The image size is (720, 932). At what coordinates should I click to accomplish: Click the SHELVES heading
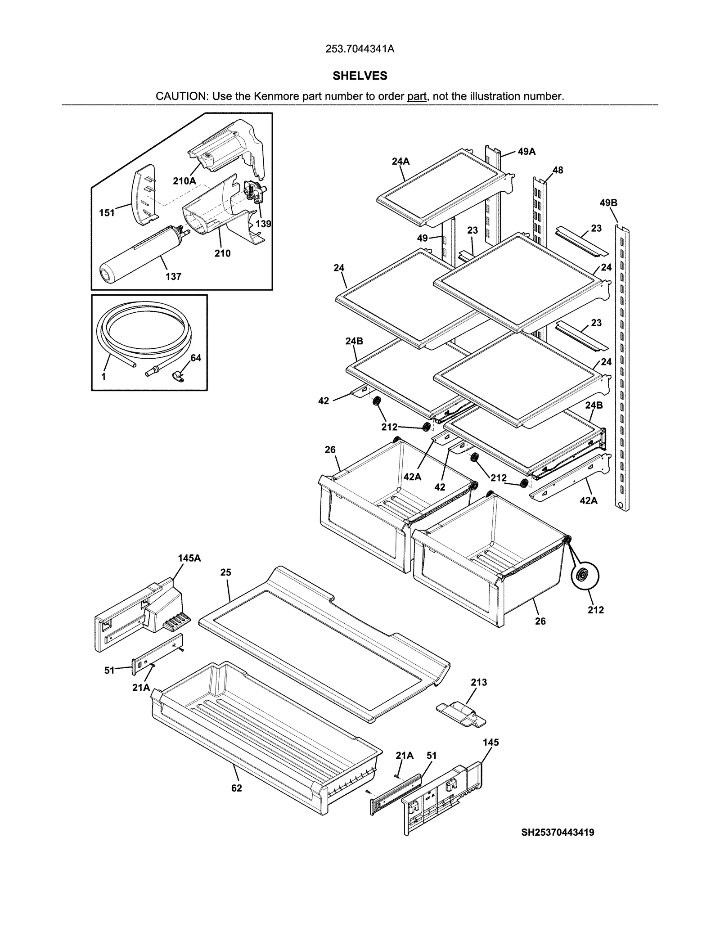360,76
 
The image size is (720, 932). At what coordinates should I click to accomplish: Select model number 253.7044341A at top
360,49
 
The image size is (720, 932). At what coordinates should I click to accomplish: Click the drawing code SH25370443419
558,833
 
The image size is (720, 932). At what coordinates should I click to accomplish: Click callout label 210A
184,181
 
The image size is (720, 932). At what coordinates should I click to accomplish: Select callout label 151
107,213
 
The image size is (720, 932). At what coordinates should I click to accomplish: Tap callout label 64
196,358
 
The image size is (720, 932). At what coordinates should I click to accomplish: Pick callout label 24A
400,161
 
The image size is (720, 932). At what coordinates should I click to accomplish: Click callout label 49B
608,203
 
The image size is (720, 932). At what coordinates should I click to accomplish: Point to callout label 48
558,170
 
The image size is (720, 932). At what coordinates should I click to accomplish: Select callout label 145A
189,558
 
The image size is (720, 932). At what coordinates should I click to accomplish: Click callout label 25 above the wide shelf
225,572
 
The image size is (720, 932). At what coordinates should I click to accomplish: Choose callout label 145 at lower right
491,743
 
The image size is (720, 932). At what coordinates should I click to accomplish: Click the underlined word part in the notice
417,96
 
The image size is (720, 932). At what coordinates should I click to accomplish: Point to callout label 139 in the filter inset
263,224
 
